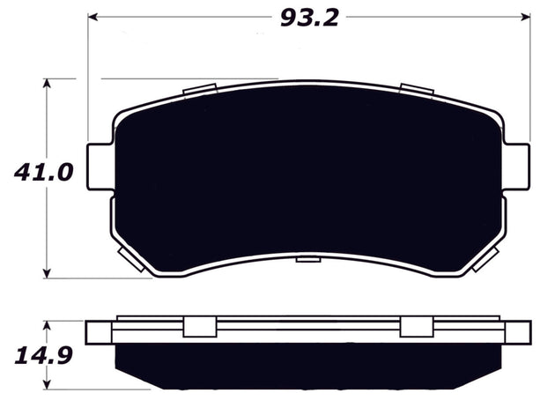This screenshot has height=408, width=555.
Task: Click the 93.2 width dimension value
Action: (x=310, y=16)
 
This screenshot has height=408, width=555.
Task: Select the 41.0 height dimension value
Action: (x=42, y=173)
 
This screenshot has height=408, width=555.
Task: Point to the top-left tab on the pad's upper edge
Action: (x=202, y=90)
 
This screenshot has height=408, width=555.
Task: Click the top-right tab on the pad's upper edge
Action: (x=417, y=90)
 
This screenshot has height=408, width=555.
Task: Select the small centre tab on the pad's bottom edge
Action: (x=309, y=258)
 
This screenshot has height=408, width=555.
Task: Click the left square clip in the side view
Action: (x=199, y=327)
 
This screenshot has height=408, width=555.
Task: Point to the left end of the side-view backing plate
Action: (x=99, y=332)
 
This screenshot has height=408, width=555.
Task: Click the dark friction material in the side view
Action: (x=308, y=366)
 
